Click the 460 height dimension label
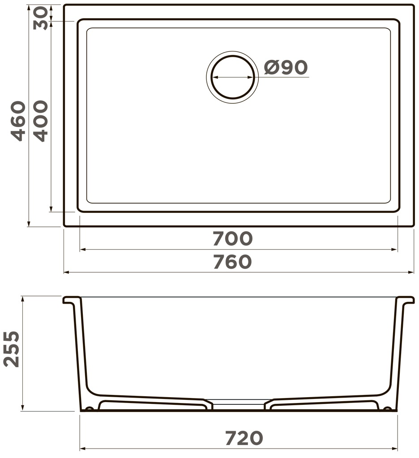click(x=18, y=121)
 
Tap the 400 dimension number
click(x=40, y=121)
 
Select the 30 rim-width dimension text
click(x=40, y=18)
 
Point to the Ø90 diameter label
click(x=286, y=67)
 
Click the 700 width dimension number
click(x=232, y=238)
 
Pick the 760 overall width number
click(x=232, y=262)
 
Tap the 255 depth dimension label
click(x=11, y=349)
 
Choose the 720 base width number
click(x=244, y=438)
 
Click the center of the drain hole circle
click(x=233, y=77)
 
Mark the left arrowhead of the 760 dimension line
click(x=66, y=272)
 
